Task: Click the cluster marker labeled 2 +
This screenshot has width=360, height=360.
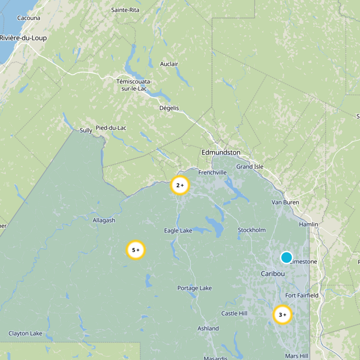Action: coord(180,185)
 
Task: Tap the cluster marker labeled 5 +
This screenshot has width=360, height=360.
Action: coord(135,250)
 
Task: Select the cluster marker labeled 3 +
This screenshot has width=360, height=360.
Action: coord(282,315)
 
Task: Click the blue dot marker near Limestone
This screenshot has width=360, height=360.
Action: coord(287,257)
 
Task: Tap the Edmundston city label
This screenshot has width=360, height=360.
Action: coord(221,153)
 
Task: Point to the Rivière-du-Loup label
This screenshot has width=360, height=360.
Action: coord(23,38)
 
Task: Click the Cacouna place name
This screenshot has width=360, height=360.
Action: coord(28,18)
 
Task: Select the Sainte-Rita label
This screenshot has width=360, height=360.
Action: coord(126,10)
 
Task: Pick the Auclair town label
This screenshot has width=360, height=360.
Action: coord(169,64)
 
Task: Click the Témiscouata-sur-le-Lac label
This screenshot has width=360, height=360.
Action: coord(134,85)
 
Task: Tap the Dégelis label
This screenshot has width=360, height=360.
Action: coord(169,108)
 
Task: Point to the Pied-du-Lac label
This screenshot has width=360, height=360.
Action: coord(111,128)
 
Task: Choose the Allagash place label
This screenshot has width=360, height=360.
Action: coord(104,220)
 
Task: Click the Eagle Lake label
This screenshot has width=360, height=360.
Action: coord(178,230)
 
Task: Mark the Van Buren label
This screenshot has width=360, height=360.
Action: coord(285,202)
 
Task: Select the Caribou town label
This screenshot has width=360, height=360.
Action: coord(273,274)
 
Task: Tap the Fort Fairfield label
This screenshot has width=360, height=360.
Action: coord(302,295)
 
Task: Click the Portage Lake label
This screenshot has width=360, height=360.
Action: coord(194,288)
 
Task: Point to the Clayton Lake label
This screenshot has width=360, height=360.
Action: coord(25,333)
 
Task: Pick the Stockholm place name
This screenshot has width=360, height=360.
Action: coord(252,230)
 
